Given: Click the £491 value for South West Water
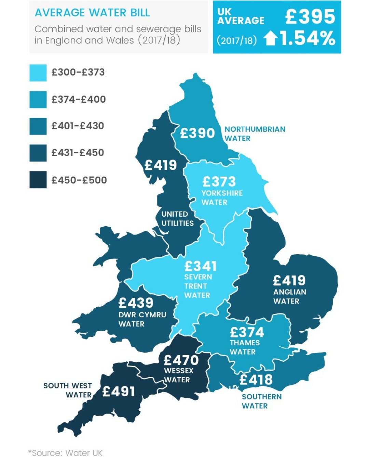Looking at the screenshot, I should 119,392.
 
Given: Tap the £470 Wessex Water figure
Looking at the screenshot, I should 181,360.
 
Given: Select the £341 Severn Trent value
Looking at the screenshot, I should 200,266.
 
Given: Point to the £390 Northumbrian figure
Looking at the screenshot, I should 197,133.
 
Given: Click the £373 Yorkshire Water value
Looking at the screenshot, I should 219,182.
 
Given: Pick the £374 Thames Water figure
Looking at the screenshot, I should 247,332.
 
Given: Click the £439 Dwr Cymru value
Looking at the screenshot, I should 136,303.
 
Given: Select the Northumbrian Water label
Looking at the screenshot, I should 255,134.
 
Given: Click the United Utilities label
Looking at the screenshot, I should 177,219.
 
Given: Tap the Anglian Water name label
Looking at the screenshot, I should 289,297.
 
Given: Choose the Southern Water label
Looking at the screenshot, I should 262,401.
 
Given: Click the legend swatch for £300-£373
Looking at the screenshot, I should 38,73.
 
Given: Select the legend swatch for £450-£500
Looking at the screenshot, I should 38,180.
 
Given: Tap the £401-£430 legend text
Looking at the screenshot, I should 78,126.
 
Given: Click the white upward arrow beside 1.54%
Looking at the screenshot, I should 271,38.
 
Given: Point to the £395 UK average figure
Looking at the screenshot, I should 310,17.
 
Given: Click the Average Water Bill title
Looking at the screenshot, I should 92,13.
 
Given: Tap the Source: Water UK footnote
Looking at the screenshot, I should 66,452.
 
